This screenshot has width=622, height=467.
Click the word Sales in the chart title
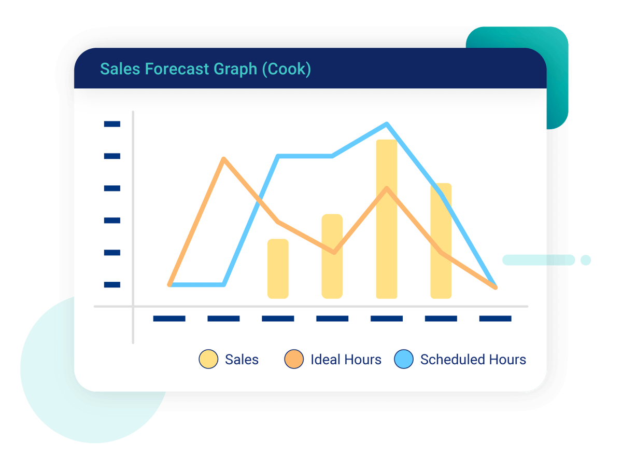(x=120, y=69)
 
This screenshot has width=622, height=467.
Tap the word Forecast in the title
(x=177, y=69)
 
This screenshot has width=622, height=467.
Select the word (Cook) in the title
(x=286, y=69)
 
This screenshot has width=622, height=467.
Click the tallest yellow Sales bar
(x=386, y=219)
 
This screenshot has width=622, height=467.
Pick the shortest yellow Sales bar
(x=278, y=268)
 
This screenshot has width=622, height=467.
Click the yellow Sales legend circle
(x=208, y=359)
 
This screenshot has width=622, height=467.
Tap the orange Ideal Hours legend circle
(x=293, y=359)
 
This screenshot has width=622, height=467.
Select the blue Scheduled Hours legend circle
(x=403, y=359)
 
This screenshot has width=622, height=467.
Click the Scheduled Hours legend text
(x=473, y=359)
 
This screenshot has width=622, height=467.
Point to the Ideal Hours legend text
(x=346, y=359)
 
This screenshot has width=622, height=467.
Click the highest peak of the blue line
(x=387, y=124)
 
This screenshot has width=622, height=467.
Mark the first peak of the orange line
(x=223, y=159)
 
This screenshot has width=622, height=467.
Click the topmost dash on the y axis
(x=112, y=124)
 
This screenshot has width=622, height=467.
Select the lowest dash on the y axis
(x=112, y=284)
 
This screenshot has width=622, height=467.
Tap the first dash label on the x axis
(x=169, y=319)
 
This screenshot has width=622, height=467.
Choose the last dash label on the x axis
(x=495, y=319)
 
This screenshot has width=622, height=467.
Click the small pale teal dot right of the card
(x=585, y=260)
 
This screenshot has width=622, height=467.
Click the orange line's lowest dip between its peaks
(x=334, y=252)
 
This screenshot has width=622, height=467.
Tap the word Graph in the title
(x=235, y=70)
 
